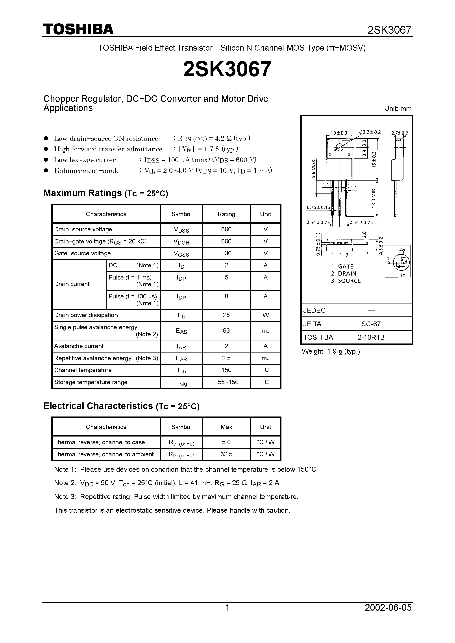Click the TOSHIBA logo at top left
78,29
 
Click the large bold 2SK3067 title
227,69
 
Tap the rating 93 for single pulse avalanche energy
226,331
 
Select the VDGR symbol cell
181,241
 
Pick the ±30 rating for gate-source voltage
226,253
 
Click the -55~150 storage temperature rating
226,382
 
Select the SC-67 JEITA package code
371,324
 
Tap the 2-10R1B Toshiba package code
371,338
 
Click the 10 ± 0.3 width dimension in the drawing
339,133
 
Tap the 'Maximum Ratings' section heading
82,193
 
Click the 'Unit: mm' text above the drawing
398,109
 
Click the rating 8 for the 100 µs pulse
226,296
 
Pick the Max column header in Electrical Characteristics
226,427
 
